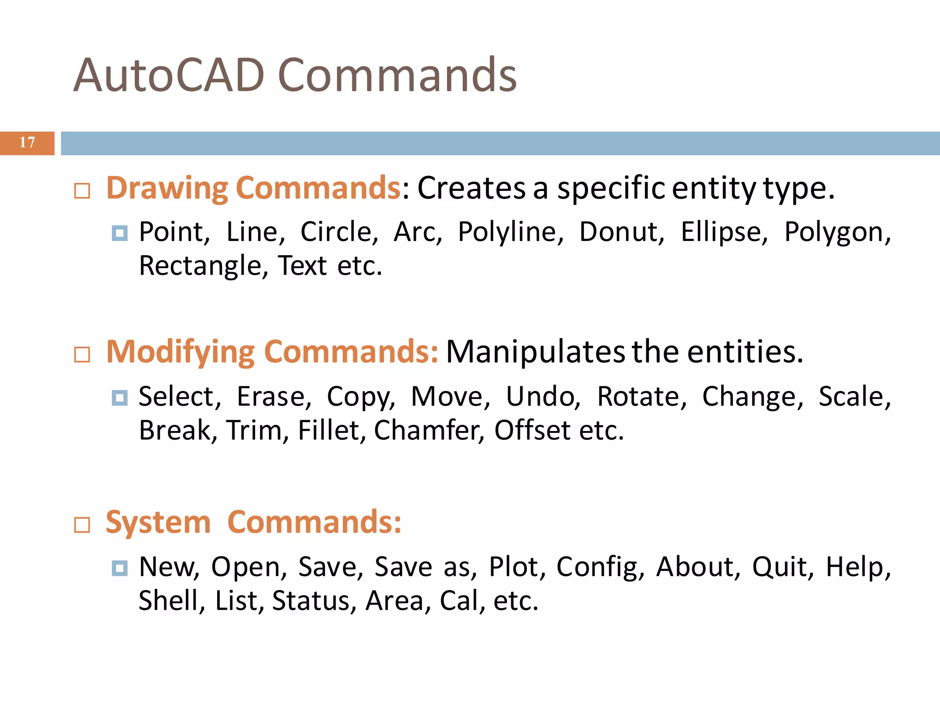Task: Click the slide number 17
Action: [x=27, y=143]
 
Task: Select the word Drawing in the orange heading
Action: [x=167, y=189]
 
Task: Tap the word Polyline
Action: [x=510, y=232]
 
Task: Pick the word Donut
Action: [x=621, y=232]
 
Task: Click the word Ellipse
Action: [x=723, y=232]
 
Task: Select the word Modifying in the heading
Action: [x=180, y=352]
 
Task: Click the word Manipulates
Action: [x=535, y=352]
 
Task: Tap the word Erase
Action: [x=274, y=397]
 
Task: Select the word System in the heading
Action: [x=158, y=523]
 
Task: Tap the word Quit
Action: [x=782, y=567]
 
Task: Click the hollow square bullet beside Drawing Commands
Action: [x=82, y=191]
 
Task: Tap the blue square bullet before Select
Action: [x=119, y=397]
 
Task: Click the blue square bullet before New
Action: [x=119, y=568]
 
